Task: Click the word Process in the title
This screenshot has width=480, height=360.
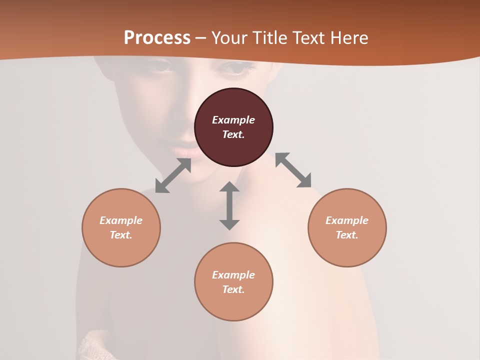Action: coord(157,37)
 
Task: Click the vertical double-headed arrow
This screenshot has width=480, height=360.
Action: coord(229,206)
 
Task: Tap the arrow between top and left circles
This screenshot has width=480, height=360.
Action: coord(173,175)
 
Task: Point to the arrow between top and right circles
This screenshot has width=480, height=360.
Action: coord(293,170)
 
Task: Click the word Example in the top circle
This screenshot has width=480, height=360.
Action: coord(233,120)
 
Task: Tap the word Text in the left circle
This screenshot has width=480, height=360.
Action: coord(121,235)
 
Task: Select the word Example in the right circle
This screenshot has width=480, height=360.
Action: coord(347,220)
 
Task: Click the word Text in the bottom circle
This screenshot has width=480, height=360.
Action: coord(233,289)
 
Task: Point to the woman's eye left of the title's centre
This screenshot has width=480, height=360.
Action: coord(161,67)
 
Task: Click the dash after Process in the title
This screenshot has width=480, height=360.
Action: coord(200,38)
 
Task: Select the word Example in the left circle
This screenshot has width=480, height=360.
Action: coord(121,220)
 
